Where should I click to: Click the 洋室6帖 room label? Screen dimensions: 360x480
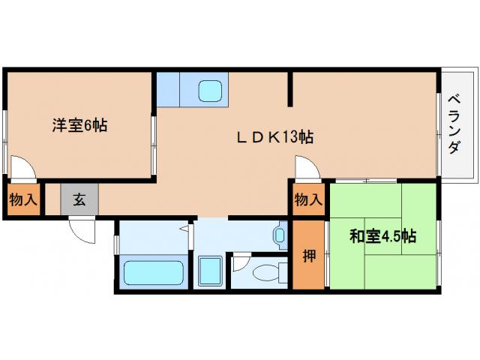79,125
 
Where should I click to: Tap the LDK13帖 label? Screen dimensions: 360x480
275,137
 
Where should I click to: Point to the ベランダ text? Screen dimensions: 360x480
454,124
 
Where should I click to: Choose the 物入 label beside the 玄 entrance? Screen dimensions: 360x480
22,200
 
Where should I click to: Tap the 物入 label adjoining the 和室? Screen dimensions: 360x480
308,200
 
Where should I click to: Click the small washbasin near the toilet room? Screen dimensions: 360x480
280,237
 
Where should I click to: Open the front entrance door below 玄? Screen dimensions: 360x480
83,229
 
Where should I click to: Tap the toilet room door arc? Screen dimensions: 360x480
240,262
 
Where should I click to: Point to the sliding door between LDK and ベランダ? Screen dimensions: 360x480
439,124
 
